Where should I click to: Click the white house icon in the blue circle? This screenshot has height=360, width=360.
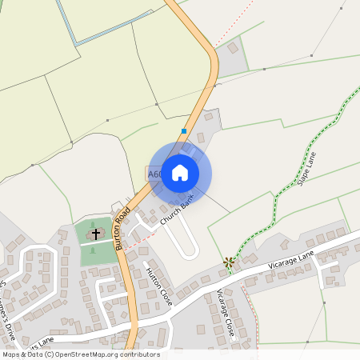click(x=180, y=173)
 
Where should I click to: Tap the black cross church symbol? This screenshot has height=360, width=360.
click(x=97, y=234)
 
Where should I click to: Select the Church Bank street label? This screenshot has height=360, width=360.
click(x=177, y=212)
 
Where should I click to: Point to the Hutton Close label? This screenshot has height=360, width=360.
click(x=158, y=286)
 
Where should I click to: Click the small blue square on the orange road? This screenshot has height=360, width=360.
click(x=184, y=131)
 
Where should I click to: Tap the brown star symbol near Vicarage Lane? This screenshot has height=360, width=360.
click(x=229, y=261)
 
